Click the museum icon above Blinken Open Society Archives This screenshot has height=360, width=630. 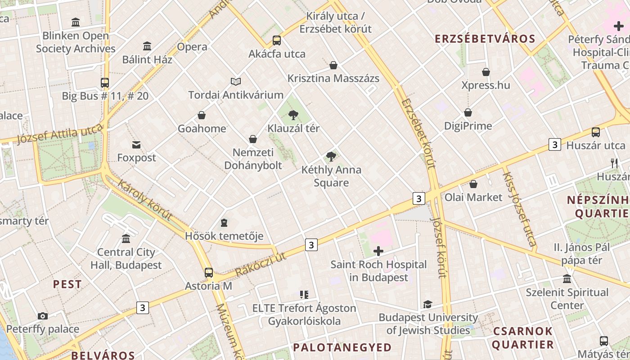point(76,22)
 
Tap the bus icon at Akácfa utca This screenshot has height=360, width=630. point(277,40)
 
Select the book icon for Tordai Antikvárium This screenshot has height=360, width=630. point(236,81)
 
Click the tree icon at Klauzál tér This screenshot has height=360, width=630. point(293,115)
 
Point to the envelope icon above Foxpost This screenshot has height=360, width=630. point(136,144)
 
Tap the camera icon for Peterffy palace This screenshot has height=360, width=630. point(43,316)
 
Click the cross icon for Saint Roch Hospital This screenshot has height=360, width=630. point(378,251)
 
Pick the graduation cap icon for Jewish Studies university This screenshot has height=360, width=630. point(427,304)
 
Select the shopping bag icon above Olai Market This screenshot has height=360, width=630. point(473,184)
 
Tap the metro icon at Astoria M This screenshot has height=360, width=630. point(209,272)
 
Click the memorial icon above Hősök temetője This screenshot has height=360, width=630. point(224,223)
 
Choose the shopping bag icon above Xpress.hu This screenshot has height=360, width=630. point(486,72)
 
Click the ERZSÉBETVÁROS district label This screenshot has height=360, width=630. point(485,39)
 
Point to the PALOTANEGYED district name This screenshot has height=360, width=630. point(342,347)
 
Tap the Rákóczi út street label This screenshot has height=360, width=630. point(261,265)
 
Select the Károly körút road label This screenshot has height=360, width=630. point(145,200)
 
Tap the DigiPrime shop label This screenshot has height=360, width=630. point(468,126)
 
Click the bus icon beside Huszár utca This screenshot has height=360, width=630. point(596,132)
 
